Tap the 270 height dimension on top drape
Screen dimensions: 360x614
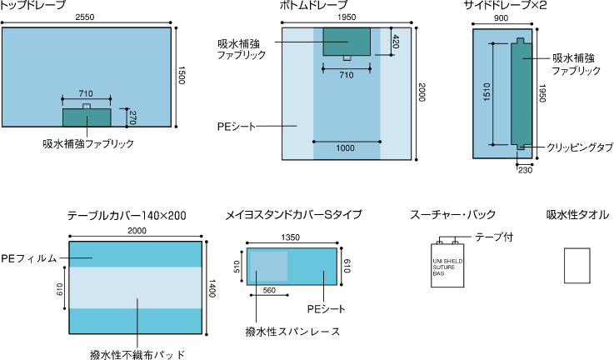(131, 117)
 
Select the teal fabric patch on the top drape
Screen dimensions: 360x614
(87, 117)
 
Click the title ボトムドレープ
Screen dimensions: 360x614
(314, 6)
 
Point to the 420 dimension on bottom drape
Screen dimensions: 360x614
(395, 42)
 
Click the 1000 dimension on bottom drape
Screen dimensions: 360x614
(346, 148)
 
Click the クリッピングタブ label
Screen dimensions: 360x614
(580, 147)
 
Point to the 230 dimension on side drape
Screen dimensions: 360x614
(525, 170)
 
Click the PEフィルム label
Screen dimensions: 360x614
(28, 259)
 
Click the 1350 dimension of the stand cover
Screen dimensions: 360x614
(292, 237)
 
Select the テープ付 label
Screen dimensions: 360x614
(494, 236)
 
